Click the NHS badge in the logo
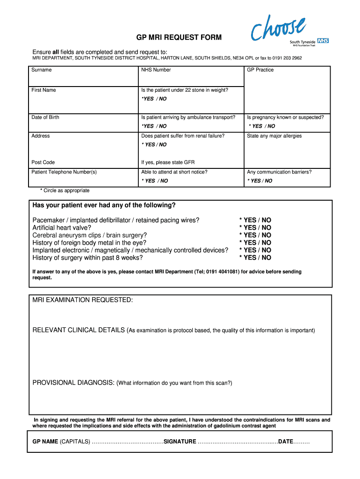(323, 41)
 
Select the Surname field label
(42, 70)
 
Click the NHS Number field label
(156, 70)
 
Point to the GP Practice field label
(260, 70)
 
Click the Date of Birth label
(45, 117)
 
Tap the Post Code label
(43, 162)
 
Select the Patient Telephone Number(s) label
(64, 172)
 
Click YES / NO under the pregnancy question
(262, 126)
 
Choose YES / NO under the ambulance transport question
(154, 126)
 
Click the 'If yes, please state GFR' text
(168, 162)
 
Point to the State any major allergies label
(274, 136)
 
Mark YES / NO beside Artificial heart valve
(255, 227)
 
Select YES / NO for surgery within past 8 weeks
(255, 257)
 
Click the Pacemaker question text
(116, 220)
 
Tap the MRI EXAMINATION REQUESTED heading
(83, 299)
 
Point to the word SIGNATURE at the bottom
(180, 442)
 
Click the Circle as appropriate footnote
(65, 190)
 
